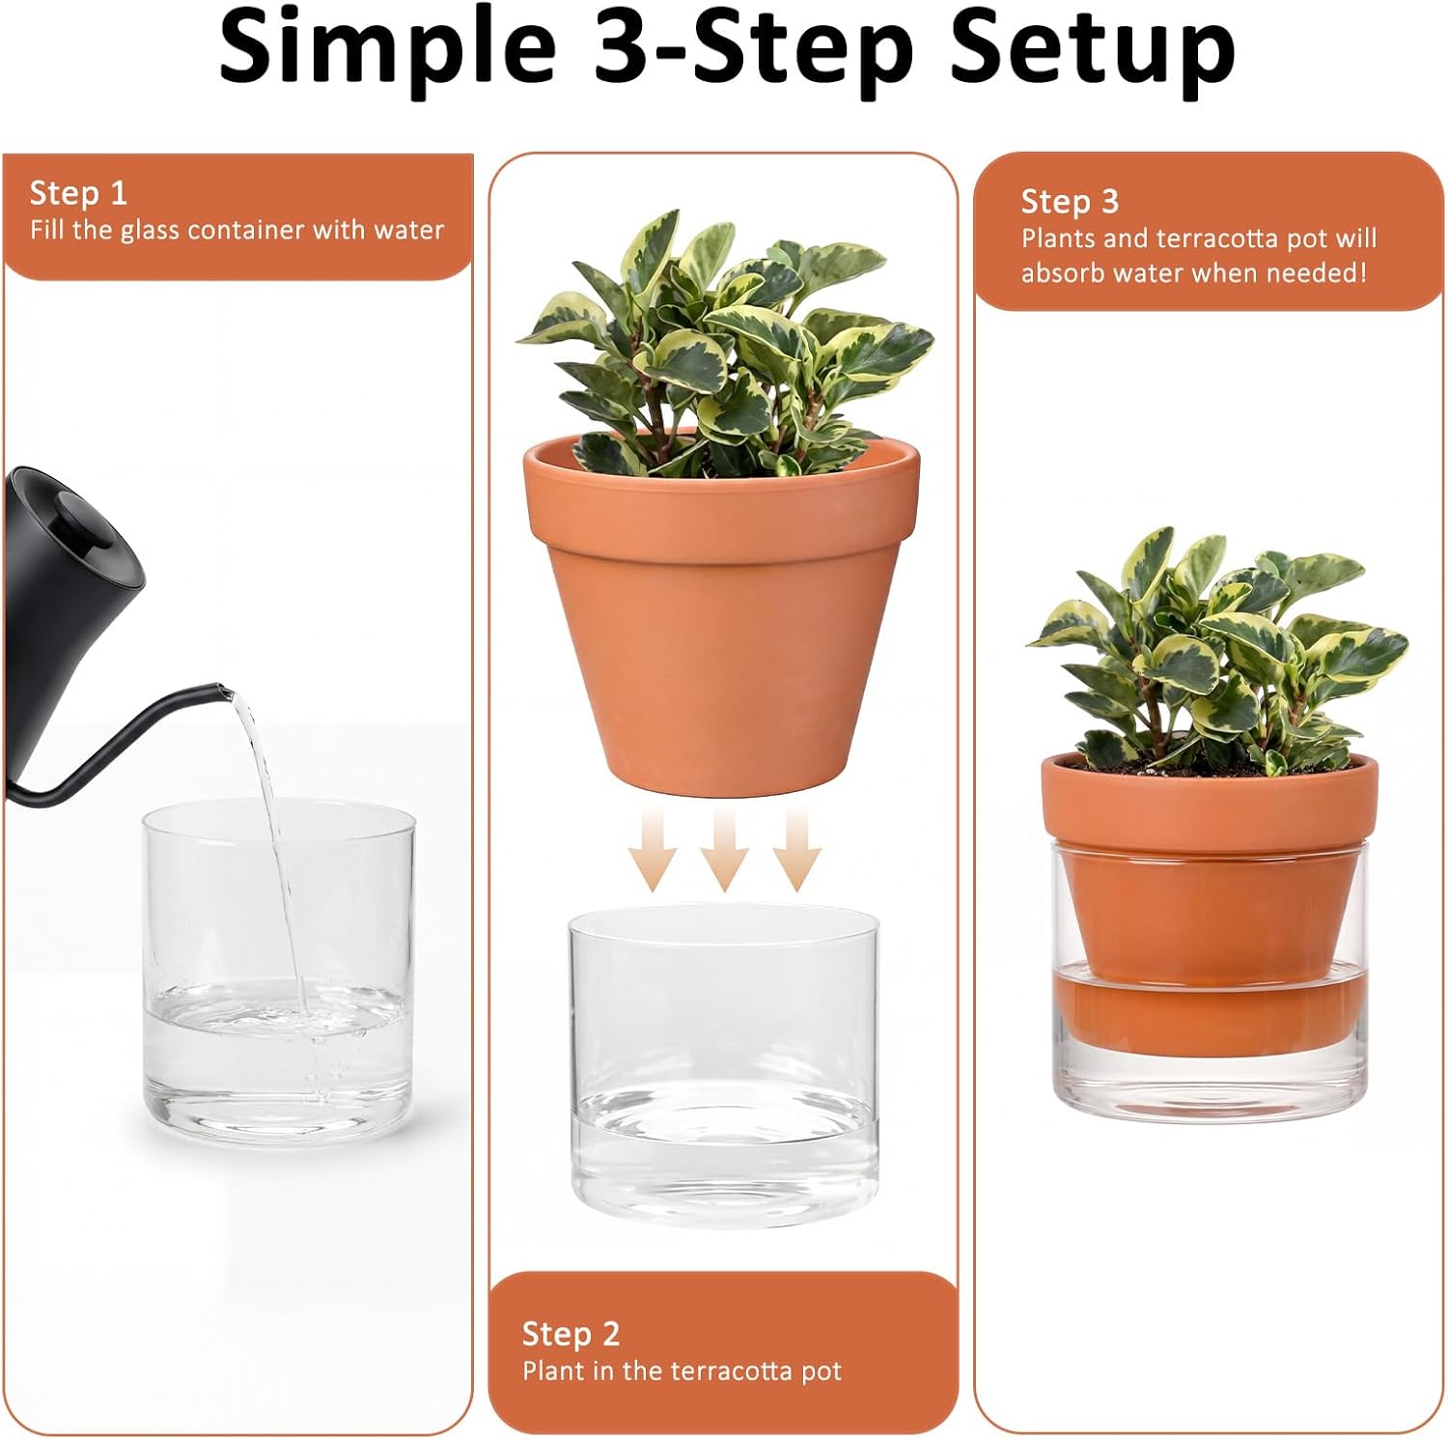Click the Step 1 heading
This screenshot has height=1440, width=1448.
coord(78,193)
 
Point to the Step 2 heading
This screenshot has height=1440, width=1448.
coord(571,1334)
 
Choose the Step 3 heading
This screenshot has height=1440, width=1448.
coord(1070,202)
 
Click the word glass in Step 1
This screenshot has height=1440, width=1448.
coord(150,231)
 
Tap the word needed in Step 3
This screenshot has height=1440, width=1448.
coord(1316,273)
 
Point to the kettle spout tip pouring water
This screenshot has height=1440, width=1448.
coord(224,692)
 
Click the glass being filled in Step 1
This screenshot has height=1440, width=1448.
coord(278,975)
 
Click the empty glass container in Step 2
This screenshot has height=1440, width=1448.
coord(724,1062)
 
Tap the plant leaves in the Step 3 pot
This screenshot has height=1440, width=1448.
coord(1216,647)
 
